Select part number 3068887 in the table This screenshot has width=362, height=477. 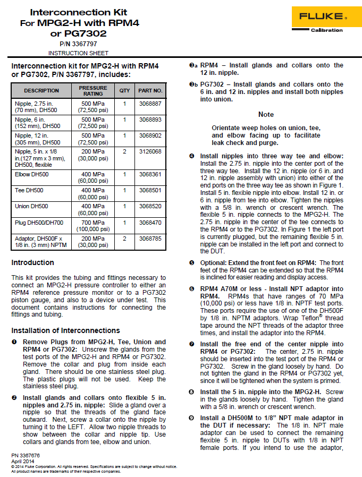[150, 104]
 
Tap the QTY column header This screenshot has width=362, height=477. [124, 91]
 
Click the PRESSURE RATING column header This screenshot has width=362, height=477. [93, 91]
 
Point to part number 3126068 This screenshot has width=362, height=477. [150, 151]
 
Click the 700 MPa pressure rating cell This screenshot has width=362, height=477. [93, 225]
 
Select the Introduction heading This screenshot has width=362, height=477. [33, 263]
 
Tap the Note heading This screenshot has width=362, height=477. [266, 114]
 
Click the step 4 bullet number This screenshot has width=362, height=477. [192, 156]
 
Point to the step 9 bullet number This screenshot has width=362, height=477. [192, 418]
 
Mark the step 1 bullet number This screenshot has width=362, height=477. [14, 342]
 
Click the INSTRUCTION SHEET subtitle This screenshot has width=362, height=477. [78, 53]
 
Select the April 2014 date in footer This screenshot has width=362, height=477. [22, 461]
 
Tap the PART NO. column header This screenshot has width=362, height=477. [150, 91]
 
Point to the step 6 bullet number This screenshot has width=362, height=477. [192, 288]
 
